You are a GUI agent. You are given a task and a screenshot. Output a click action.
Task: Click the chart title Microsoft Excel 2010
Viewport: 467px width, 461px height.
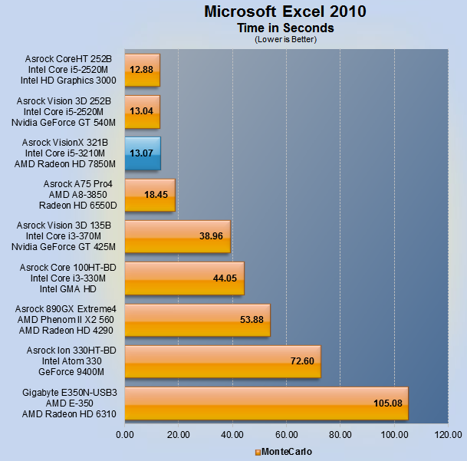coord(284,12)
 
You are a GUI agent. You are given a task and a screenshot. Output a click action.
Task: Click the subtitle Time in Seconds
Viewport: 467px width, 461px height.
coord(284,28)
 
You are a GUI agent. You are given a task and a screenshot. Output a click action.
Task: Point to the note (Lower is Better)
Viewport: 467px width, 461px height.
coord(284,39)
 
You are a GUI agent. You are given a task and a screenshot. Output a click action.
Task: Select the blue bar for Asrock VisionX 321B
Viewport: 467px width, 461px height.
coord(142,153)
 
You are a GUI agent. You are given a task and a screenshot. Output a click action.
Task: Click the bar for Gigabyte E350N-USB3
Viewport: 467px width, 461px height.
coord(265,403)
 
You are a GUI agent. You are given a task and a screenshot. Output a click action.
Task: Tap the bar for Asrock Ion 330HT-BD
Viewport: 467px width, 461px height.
coord(222,361)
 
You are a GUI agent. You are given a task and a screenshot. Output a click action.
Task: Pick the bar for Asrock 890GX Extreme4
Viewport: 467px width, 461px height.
coord(197,320)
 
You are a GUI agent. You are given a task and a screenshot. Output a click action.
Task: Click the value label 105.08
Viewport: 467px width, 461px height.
coord(388,403)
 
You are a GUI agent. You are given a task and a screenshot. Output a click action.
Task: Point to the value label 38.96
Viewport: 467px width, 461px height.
coord(211,236)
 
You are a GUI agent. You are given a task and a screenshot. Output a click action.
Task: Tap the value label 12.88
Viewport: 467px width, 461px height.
coord(142,70)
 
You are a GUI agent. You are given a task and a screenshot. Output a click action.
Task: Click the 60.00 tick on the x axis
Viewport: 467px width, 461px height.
coord(286,435)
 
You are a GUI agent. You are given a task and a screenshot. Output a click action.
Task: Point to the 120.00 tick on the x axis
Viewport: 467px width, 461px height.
coord(448,435)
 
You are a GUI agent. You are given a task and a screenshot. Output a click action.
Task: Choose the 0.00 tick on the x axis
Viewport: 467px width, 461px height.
coord(124,435)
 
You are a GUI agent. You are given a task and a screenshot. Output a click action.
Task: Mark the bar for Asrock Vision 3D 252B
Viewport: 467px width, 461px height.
coord(142,112)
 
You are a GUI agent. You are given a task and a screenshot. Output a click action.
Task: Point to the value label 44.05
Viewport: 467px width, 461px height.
coord(225,278)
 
